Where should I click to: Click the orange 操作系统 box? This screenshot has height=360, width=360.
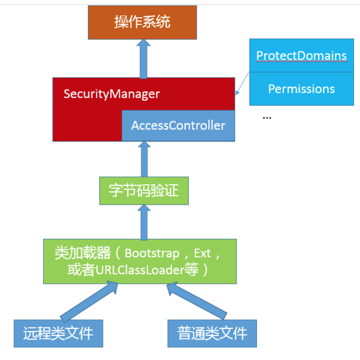(x=142, y=22)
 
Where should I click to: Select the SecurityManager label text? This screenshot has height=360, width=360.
(x=111, y=94)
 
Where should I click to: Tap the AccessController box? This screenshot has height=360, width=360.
(x=178, y=125)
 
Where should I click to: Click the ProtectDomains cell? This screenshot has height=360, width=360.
(x=301, y=56)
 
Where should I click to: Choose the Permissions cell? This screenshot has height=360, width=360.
(x=301, y=89)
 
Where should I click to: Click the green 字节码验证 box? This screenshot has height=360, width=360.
(x=144, y=191)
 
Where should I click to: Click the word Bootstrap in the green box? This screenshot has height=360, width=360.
(x=152, y=254)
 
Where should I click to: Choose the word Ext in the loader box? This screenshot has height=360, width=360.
(x=202, y=254)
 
